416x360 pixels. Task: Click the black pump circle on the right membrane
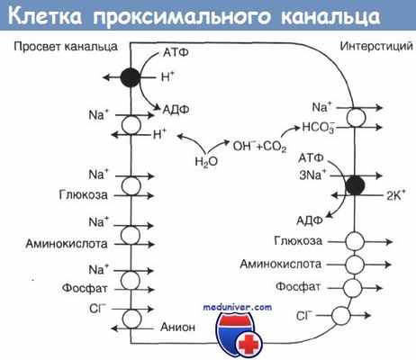(356, 184)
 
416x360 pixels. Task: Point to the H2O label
(206, 162)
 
